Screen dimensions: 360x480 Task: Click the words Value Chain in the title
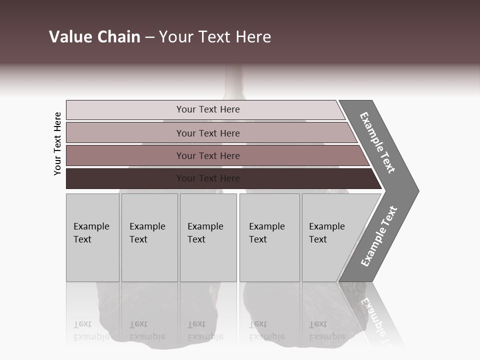click(94, 37)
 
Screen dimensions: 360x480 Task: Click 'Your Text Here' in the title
click(215, 37)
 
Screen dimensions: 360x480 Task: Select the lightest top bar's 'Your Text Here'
click(208, 109)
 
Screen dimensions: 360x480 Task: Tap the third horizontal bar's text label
click(208, 156)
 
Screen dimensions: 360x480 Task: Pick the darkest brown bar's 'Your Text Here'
click(208, 178)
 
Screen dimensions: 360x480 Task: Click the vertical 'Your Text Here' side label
click(57, 143)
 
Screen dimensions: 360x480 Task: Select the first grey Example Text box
click(92, 237)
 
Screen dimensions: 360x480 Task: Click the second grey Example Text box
click(149, 237)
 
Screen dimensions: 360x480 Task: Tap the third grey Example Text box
click(208, 237)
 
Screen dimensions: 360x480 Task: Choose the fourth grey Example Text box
click(269, 237)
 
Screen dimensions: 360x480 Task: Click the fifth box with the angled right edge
click(330, 237)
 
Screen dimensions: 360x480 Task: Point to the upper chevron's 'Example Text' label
click(377, 142)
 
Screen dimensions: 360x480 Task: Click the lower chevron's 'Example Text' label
click(379, 236)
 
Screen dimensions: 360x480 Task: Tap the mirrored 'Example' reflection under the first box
click(91, 336)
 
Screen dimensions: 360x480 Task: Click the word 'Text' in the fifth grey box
click(318, 239)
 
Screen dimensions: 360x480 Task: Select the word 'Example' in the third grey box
click(205, 226)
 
